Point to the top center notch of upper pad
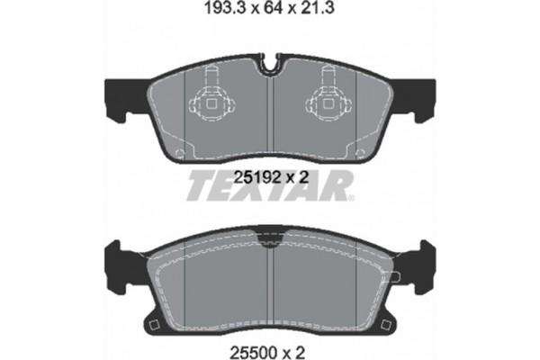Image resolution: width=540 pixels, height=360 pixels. coord(270,67)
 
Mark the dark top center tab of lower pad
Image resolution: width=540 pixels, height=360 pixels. coord(270,236)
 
